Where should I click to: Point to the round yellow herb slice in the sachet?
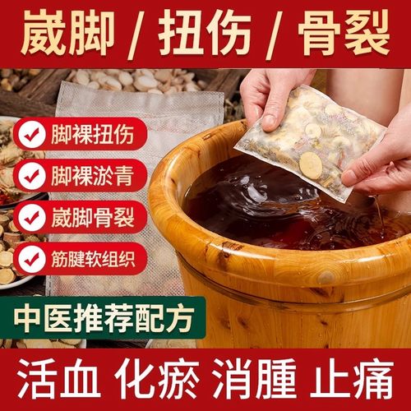[311, 164]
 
